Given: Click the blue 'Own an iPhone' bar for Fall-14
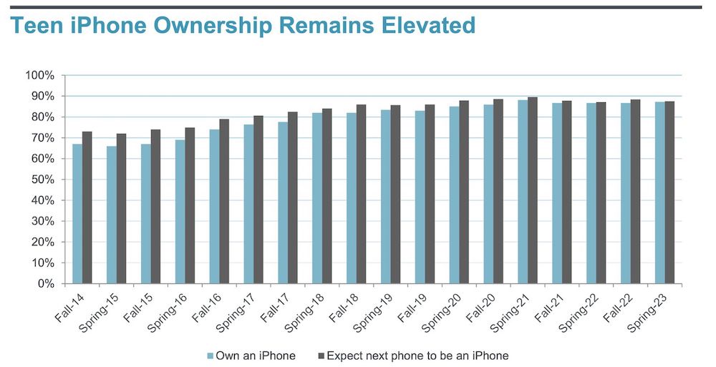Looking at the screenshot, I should (77, 214).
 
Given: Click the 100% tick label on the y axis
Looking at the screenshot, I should (39, 75).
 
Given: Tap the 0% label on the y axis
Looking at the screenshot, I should (44, 284).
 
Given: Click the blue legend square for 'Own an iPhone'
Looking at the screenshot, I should (211, 355).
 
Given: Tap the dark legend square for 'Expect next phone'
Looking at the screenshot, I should (321, 355).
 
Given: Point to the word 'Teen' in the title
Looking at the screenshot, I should (33, 26).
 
